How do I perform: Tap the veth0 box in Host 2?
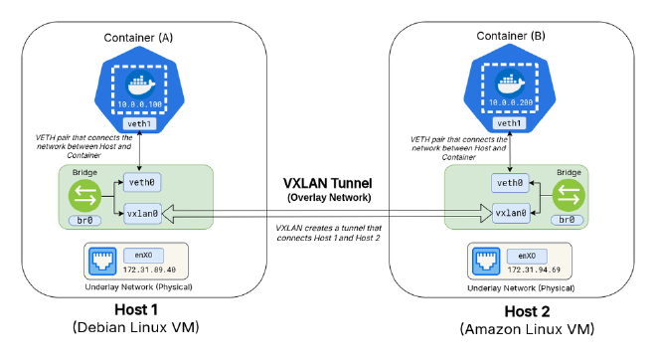click(x=510, y=182)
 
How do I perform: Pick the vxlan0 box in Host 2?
click(x=510, y=212)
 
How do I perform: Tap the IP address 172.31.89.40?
click(x=151, y=270)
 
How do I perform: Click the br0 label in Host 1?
click(x=83, y=220)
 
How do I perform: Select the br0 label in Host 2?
click(x=568, y=220)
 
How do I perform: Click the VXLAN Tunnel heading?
click(x=327, y=184)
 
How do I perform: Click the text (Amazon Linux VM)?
click(x=520, y=329)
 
